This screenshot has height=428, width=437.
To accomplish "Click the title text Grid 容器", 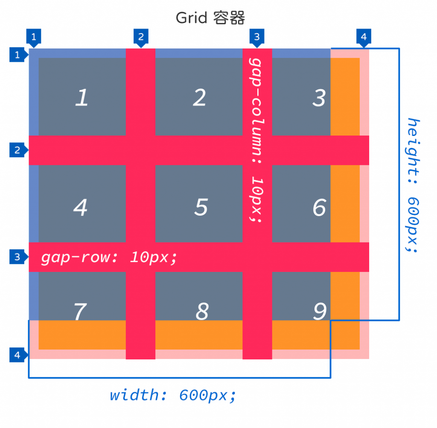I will coord(210,18).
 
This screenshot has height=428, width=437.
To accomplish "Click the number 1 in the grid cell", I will coord(82,98).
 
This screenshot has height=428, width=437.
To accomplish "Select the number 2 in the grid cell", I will coord(199,98).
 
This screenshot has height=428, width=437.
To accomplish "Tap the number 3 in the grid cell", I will coord(319,98).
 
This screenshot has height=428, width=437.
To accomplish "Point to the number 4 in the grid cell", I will coord(80,208).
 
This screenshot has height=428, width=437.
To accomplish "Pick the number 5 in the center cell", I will coord(201,208).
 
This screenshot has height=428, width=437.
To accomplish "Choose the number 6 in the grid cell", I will coord(319,208).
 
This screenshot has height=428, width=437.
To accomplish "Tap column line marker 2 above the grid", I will coord(140,37).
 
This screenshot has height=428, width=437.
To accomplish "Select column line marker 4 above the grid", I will coord(363,37).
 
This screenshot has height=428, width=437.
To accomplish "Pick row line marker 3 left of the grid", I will coord(17,257).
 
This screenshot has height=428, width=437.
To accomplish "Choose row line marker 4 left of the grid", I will coord(17,355).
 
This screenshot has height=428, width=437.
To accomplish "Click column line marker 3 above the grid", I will coord(256,37).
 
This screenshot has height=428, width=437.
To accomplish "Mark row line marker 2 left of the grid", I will coord(17,150).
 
